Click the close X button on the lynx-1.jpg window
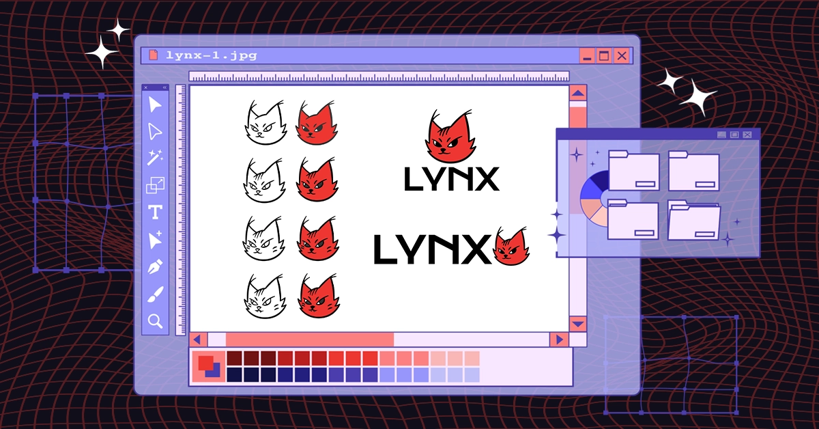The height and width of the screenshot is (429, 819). click(622, 56)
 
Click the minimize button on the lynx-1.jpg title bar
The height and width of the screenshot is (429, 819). click(587, 56)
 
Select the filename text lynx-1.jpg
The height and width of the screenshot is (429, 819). click(212, 55)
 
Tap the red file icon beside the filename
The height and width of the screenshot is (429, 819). click(154, 55)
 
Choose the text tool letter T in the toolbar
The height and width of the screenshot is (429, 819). click(155, 212)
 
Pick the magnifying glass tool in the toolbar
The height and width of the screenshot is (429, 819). click(155, 321)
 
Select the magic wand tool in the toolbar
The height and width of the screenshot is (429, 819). click(155, 157)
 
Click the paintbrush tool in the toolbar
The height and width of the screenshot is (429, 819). click(156, 294)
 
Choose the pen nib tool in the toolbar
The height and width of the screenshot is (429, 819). click(155, 266)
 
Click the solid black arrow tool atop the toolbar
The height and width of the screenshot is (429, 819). click(154, 105)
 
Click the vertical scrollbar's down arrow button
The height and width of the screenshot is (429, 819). click(578, 324)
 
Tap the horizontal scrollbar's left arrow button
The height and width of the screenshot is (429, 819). click(198, 340)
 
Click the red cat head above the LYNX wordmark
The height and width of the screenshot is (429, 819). click(450, 136)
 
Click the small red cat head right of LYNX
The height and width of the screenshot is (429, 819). click(511, 246)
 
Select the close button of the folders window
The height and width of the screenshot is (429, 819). click(747, 135)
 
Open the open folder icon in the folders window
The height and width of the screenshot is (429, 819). click(693, 221)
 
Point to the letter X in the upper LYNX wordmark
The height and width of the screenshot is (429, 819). click(485, 179)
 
